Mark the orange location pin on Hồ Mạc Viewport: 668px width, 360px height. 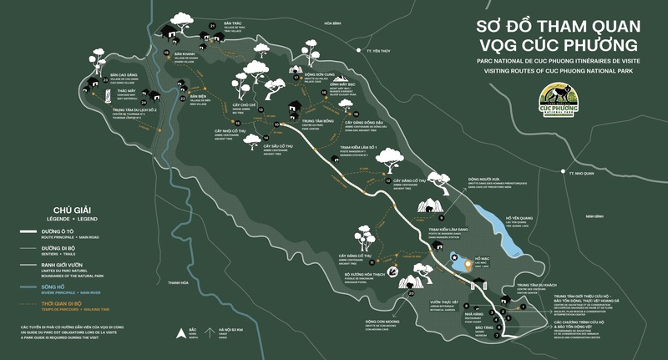click(454, 259)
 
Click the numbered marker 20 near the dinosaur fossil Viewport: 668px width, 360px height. click(411, 294)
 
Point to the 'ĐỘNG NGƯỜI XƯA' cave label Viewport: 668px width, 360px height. click(482, 178)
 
